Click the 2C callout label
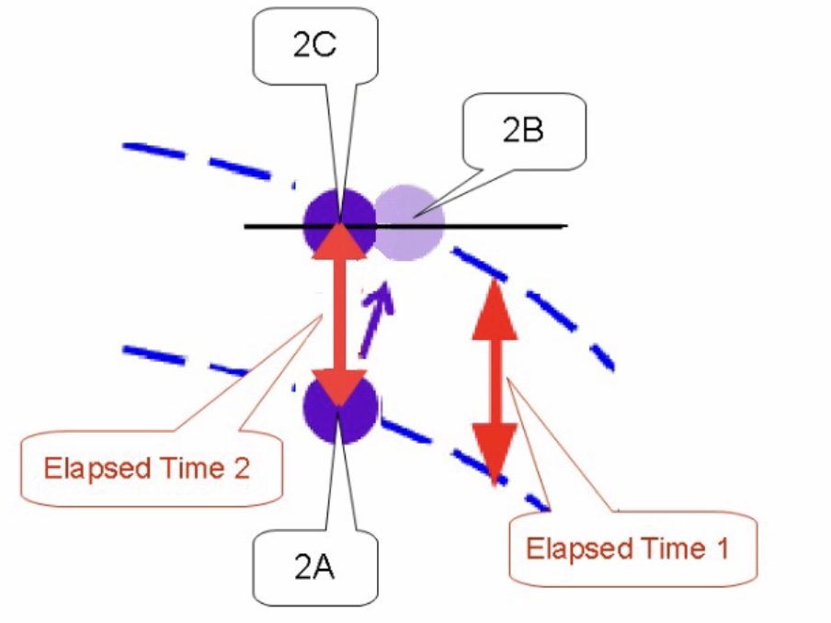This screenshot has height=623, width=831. [313, 46]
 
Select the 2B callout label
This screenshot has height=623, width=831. [523, 130]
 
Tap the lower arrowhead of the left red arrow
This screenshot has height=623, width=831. [338, 386]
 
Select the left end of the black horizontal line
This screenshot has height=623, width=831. [246, 225]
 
